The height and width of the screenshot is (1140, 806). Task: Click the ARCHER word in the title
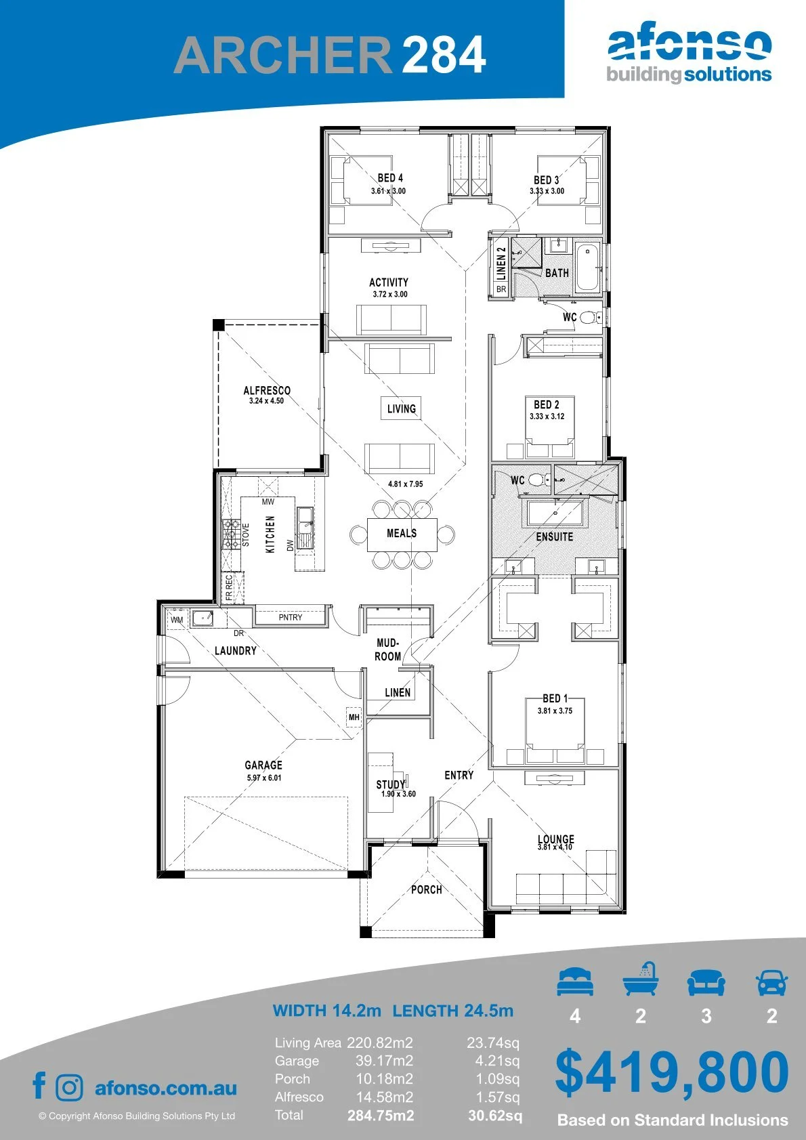[x=282, y=55]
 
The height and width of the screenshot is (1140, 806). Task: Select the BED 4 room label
[x=389, y=177]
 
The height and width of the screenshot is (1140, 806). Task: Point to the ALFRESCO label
[x=267, y=390]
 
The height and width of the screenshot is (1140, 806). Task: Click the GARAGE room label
[x=263, y=765]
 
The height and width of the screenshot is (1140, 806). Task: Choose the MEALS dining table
[x=402, y=534]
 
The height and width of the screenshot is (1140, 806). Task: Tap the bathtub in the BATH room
[x=588, y=268]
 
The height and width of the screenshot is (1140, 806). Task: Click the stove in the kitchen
[x=230, y=534]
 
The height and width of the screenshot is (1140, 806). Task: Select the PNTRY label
[x=290, y=617]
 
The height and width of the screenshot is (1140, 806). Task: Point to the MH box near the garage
[x=354, y=717]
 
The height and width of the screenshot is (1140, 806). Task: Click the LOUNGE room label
[x=555, y=839]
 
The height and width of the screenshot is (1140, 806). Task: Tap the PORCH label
[x=427, y=889]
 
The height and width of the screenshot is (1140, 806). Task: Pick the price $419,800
[x=672, y=1072]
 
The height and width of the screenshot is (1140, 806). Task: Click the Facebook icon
[x=39, y=1086]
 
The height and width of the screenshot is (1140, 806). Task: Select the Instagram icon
[x=68, y=1087]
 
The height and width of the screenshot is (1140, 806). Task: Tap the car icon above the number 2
[x=772, y=981]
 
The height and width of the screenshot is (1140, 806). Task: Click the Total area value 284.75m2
[x=381, y=1116]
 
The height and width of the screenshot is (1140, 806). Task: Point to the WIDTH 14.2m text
[x=326, y=1010]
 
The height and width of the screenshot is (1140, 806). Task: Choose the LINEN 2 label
[x=501, y=263]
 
